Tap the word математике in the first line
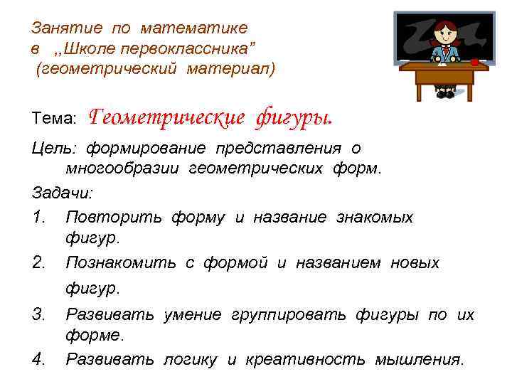tap(194, 28)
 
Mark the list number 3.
tap(40, 314)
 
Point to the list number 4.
tap(40, 359)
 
